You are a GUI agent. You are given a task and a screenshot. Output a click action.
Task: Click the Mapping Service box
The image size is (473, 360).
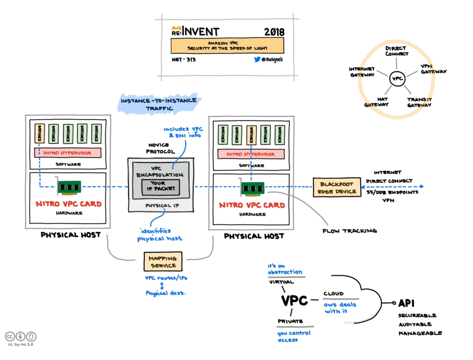click(163, 262)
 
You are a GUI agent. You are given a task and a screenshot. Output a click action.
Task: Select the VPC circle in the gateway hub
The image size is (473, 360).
click(398, 78)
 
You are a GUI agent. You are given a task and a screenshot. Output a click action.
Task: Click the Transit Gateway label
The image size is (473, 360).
click(420, 102)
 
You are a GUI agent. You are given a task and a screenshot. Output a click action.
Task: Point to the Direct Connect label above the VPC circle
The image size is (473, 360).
click(396, 51)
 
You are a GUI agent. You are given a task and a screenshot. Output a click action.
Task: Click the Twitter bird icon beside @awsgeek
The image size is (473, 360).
click(257, 59)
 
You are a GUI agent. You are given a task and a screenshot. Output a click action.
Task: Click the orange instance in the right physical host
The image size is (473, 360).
click(251, 134)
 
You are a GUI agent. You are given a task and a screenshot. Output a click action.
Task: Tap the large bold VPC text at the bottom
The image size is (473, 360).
click(294, 300)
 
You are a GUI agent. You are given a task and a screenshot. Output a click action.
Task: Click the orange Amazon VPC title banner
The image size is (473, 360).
click(227, 46)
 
